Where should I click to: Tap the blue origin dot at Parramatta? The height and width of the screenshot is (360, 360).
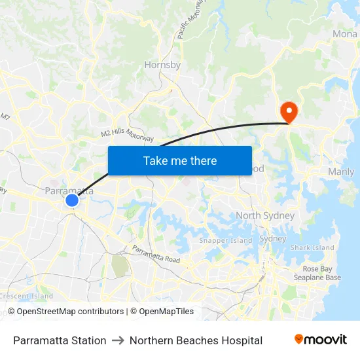click(x=72, y=200)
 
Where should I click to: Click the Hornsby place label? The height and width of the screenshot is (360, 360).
click(x=162, y=65)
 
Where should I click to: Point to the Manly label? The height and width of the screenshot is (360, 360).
click(x=340, y=171)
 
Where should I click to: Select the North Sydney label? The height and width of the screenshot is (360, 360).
click(x=265, y=215)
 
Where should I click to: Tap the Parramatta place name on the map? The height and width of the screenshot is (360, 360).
click(x=69, y=190)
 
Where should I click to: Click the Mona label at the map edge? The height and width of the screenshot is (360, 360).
click(x=345, y=34)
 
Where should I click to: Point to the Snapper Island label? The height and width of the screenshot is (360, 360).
click(x=225, y=240)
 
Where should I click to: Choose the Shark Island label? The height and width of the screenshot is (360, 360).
click(x=312, y=247)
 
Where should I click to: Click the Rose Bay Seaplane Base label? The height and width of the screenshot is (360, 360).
click(x=321, y=273)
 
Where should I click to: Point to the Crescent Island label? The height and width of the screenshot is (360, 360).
click(x=26, y=296)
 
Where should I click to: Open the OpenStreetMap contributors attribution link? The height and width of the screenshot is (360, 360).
click(x=65, y=312)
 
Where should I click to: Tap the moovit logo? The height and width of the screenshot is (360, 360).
click(x=321, y=340)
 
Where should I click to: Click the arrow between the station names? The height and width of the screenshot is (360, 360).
click(x=118, y=340)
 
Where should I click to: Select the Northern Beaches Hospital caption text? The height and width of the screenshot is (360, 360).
click(x=196, y=340)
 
